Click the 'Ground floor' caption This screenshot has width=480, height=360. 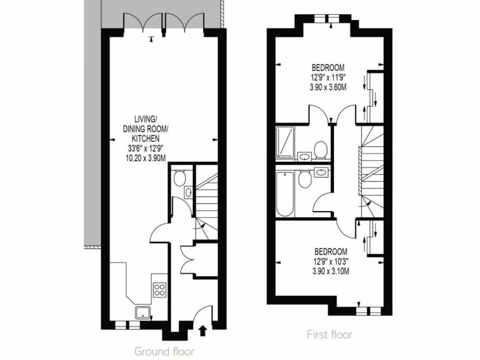(x=164, y=351)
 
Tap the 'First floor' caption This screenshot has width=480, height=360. (x=330, y=334)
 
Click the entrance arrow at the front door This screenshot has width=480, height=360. (x=202, y=331)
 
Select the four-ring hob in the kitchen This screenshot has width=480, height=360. (x=159, y=290)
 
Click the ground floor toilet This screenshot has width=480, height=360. (x=179, y=178)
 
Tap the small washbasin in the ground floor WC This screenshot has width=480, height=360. (x=188, y=192)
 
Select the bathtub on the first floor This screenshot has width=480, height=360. (x=285, y=193)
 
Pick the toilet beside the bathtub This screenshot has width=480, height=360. (x=304, y=179)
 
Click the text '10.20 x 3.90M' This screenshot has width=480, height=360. (x=146, y=158)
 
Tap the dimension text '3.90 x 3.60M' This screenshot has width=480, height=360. (x=329, y=87)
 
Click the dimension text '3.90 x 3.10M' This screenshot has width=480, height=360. (x=330, y=270)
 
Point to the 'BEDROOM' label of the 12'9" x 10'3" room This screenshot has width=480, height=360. (x=330, y=251)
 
